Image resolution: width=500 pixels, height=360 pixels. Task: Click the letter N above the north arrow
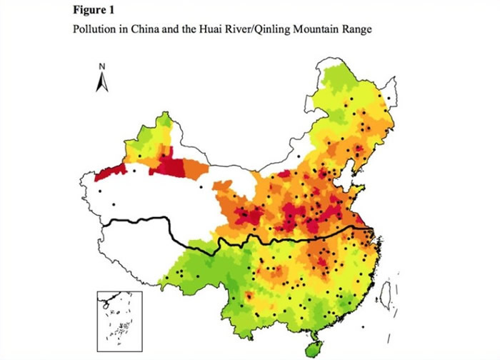coord(102,66)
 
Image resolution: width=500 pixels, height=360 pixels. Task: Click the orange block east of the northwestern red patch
coord(194,169)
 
